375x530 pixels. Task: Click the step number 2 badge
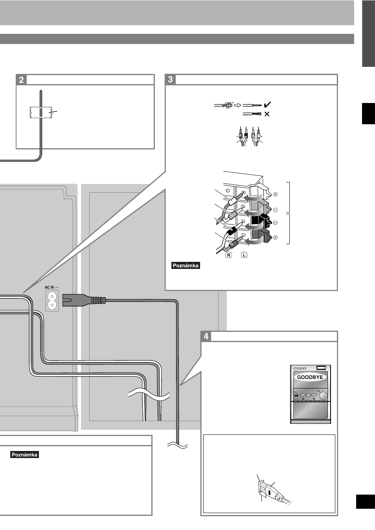tap(21, 80)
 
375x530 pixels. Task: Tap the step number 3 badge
tap(170, 79)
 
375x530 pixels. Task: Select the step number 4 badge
tap(206, 336)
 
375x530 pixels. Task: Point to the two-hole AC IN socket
tap(52, 301)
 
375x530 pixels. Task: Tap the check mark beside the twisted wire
tap(267, 104)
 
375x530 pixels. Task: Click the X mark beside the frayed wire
tap(267, 114)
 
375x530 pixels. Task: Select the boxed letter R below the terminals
tap(228, 255)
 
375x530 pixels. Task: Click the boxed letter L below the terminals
tap(244, 255)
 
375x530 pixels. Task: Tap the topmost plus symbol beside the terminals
tap(276, 194)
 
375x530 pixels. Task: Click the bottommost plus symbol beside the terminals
tap(276, 237)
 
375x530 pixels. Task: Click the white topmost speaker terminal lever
tap(260, 193)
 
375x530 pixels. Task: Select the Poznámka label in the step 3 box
tap(186, 265)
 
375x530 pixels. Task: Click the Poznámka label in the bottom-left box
tap(24, 455)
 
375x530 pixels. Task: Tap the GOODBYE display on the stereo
tap(310, 377)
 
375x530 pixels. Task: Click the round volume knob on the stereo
tap(323, 396)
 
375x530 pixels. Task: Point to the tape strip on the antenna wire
tap(41, 112)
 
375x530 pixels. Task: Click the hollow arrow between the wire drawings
tap(237, 105)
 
